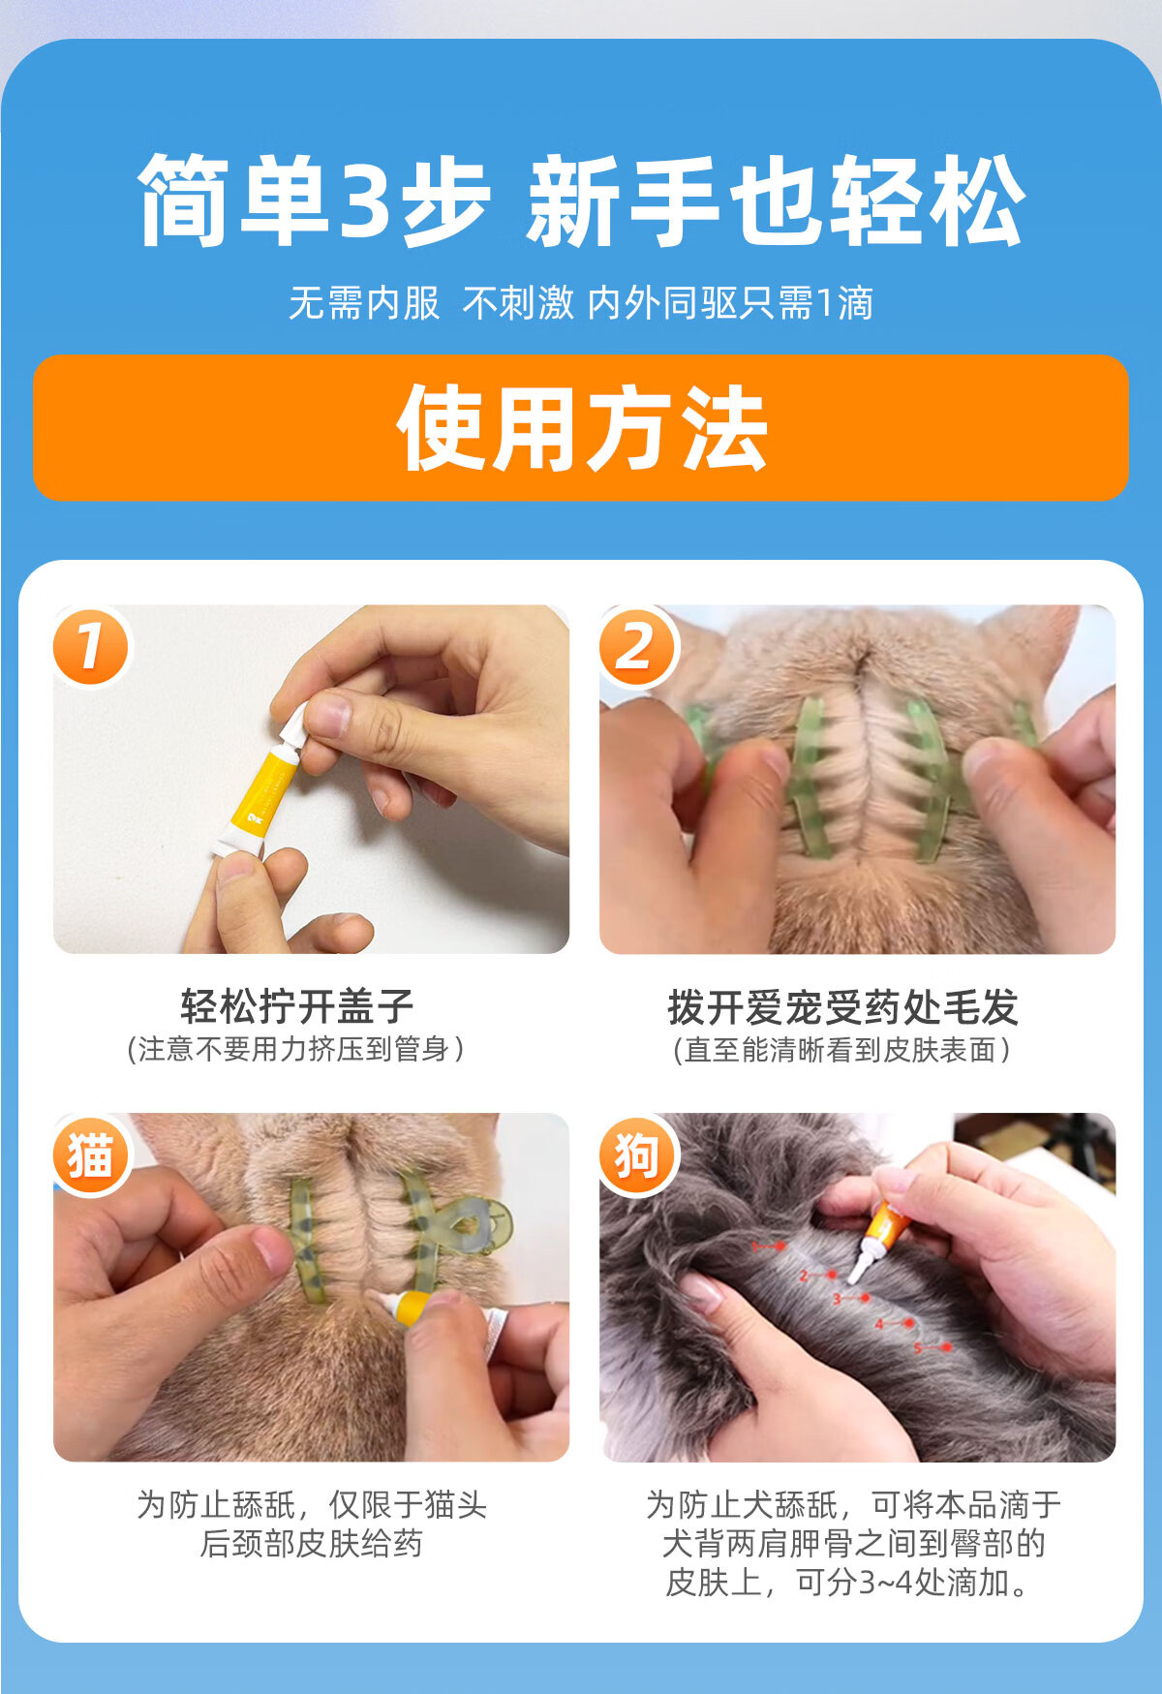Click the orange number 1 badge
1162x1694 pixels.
(90, 646)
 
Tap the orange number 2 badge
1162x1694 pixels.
(636, 646)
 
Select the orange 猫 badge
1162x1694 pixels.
(90, 1155)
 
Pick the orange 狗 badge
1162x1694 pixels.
(637, 1155)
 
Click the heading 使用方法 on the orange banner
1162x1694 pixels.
(582, 427)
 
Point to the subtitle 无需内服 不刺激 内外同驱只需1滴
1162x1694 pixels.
(581, 303)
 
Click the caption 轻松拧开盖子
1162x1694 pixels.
(297, 1006)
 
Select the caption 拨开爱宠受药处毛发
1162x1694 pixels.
(842, 1007)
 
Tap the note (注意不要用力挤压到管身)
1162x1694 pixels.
(296, 1049)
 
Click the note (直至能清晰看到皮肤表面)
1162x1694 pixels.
(842, 1050)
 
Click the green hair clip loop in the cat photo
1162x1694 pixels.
(479, 1224)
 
